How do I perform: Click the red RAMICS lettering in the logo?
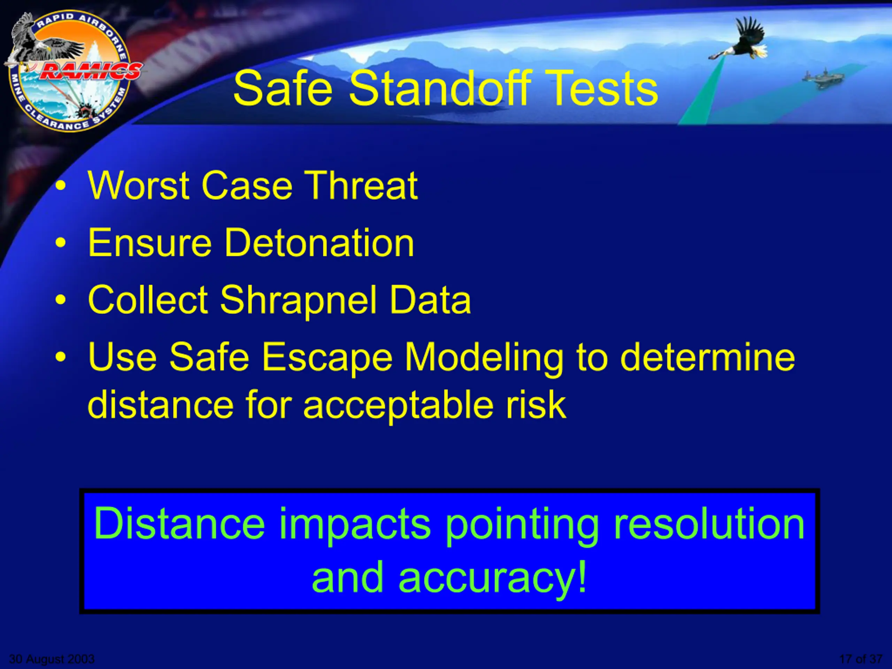[x=90, y=71]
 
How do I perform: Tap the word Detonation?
[x=319, y=243]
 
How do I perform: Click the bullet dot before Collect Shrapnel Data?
[x=61, y=300]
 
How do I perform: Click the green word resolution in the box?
[x=709, y=524]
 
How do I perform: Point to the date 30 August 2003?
[x=52, y=659]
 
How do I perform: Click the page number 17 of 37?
[x=861, y=659]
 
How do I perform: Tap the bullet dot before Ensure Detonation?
[x=61, y=243]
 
